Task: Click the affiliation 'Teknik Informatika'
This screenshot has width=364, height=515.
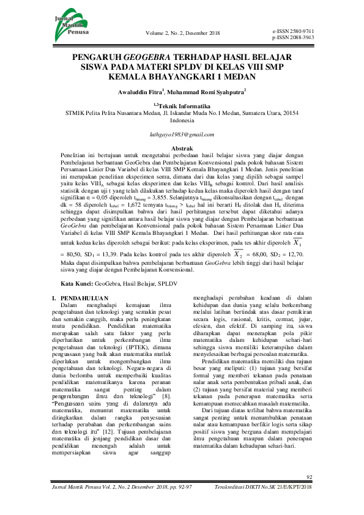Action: (x=184, y=105)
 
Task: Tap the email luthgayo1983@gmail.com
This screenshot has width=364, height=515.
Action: (x=182, y=134)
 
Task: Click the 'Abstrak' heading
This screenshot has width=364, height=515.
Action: (x=182, y=149)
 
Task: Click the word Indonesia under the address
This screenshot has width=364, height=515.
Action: (x=182, y=120)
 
